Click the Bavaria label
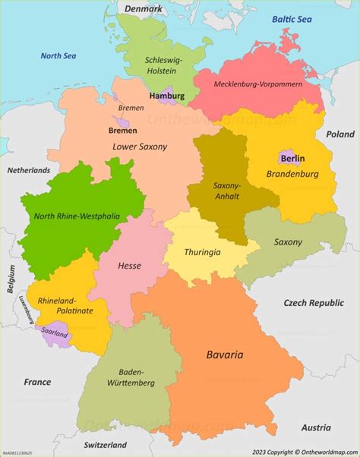click(225, 354)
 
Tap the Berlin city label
click(292, 159)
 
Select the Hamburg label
click(167, 96)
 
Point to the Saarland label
click(55, 333)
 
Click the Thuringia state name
click(203, 252)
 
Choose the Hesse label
click(129, 266)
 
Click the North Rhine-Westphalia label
click(77, 216)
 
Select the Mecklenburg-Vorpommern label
click(257, 84)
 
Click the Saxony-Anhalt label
click(226, 191)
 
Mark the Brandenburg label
click(292, 174)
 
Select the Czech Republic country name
click(314, 302)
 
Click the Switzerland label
click(105, 444)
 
